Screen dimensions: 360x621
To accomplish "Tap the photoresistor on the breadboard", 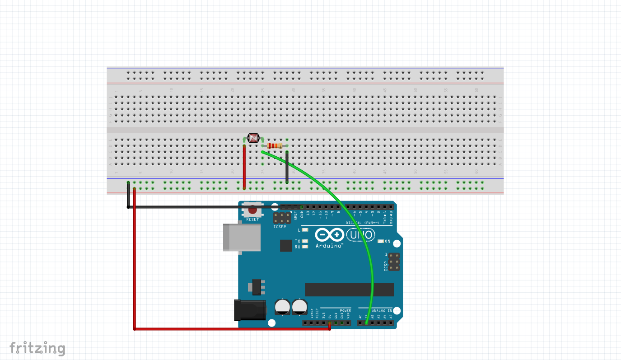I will [x=253, y=139].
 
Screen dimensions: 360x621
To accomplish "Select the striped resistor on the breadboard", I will [x=275, y=145].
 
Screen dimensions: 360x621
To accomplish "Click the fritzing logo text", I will [x=37, y=348].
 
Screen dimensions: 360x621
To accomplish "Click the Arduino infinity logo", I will [x=329, y=235].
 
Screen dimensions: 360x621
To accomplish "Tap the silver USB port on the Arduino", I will [x=242, y=236].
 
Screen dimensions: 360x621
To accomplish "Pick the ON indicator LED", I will [x=380, y=241].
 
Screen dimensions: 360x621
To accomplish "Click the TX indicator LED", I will [x=306, y=241].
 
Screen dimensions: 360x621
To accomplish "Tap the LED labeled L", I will [x=306, y=230].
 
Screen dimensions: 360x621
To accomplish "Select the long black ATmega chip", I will [x=349, y=290].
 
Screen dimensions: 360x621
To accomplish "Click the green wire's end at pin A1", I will [x=366, y=323].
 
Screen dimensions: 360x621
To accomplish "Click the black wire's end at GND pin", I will [x=302, y=207].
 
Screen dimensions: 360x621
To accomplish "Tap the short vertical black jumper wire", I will [x=287, y=167].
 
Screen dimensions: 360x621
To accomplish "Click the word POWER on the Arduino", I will [x=346, y=311].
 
